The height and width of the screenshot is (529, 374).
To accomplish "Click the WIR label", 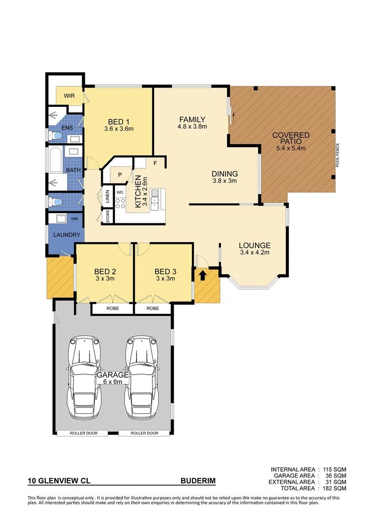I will coord(69,96).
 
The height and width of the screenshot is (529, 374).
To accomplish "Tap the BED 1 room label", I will coord(118,122).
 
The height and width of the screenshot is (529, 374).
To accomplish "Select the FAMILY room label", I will coord(191,120).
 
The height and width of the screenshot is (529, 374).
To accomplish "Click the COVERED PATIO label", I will coord(291,138).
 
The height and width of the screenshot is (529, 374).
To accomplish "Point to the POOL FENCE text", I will coord(337,156).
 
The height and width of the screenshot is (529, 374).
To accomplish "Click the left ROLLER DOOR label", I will coord(86,433).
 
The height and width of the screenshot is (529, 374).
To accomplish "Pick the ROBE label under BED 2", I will coord(112,309).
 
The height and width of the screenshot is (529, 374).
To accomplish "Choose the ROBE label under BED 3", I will coord(153,309).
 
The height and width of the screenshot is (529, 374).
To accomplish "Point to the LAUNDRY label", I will coord(66,235).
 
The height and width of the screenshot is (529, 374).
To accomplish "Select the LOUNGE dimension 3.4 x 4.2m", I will coord(255,253).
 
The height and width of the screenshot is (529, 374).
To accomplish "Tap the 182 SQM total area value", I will coord(334,489).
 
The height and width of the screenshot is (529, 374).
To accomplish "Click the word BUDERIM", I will coord(198,481).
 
